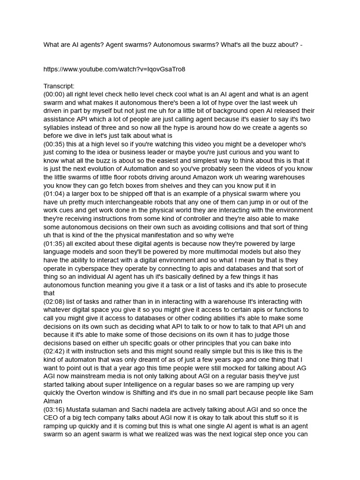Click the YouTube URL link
(x=114, y=69)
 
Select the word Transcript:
(x=59, y=86)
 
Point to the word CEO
(x=52, y=418)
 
